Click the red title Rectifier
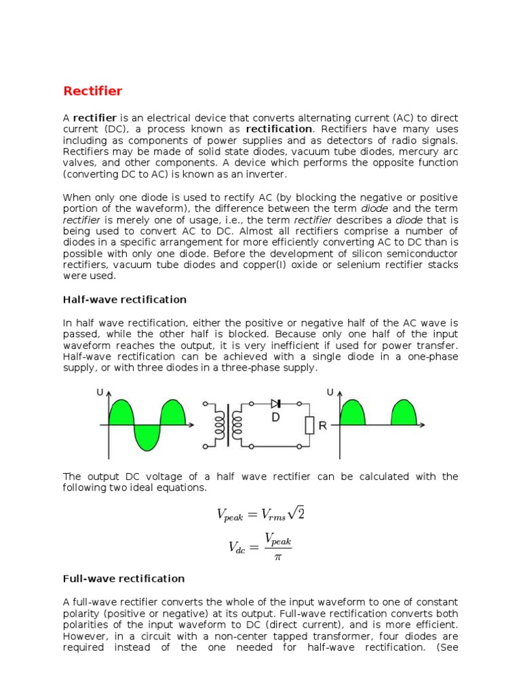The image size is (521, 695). [93, 91]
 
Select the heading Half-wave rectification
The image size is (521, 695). [124, 299]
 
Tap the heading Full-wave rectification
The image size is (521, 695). [123, 578]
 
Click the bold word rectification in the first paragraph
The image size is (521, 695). [279, 129]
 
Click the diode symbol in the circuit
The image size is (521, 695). [275, 404]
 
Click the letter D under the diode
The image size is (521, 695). [275, 418]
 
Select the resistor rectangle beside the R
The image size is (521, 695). [309, 426]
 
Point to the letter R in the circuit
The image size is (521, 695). [322, 426]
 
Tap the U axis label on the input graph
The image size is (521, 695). [100, 393]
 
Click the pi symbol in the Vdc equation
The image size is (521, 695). [277, 557]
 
